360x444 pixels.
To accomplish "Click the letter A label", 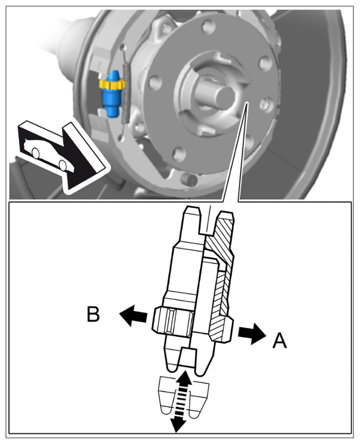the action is (x=279, y=340).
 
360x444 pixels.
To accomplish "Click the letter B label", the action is (x=93, y=314).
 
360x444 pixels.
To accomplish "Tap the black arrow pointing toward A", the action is (x=252, y=333).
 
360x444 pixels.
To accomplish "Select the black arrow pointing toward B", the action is (x=133, y=315).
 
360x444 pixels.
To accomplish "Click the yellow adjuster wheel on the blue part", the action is (x=112, y=84).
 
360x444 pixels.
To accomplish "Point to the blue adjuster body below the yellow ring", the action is (x=112, y=103).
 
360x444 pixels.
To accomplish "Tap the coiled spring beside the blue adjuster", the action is (x=126, y=94).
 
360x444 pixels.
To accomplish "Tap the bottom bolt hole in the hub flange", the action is (x=179, y=154).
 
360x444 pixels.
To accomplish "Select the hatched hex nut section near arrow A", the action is (x=221, y=328).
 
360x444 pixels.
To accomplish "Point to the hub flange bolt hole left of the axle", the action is (x=155, y=83).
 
